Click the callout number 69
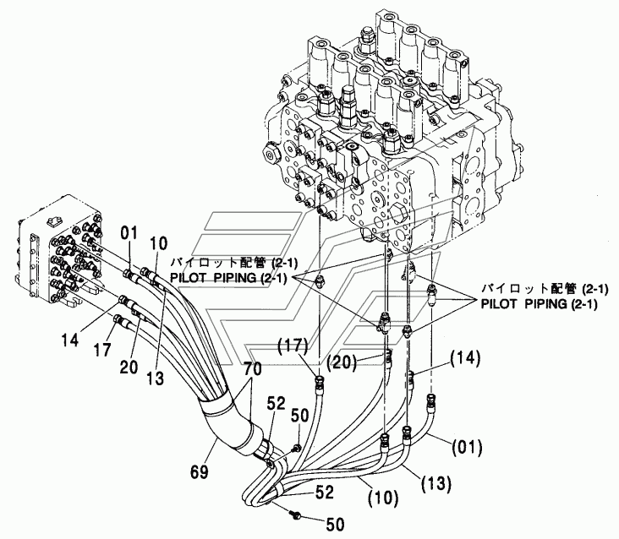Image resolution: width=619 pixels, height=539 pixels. point(199,471)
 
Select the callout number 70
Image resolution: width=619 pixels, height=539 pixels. point(252,369)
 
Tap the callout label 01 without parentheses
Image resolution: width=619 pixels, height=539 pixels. point(129,233)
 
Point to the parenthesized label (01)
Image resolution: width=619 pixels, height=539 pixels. point(468,447)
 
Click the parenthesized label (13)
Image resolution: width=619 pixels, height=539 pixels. point(436,483)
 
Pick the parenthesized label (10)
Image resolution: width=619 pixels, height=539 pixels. point(384,498)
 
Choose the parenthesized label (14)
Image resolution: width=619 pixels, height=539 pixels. point(465,359)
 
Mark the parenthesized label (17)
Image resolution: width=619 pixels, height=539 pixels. point(293,346)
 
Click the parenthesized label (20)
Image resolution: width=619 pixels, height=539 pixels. point(342,362)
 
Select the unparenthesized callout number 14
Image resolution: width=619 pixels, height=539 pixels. point(70,340)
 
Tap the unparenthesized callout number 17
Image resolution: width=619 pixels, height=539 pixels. point(101,350)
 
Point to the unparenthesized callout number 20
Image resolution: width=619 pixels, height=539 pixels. point(129,367)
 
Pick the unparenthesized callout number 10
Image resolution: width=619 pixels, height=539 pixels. point(158,243)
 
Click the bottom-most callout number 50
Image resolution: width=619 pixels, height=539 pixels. point(335,525)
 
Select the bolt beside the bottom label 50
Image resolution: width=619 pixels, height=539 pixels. point(296,514)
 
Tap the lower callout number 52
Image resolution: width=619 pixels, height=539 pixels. point(325,493)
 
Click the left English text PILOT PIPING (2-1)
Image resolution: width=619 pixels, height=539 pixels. point(233,278)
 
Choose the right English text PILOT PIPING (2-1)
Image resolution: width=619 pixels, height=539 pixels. point(539,304)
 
